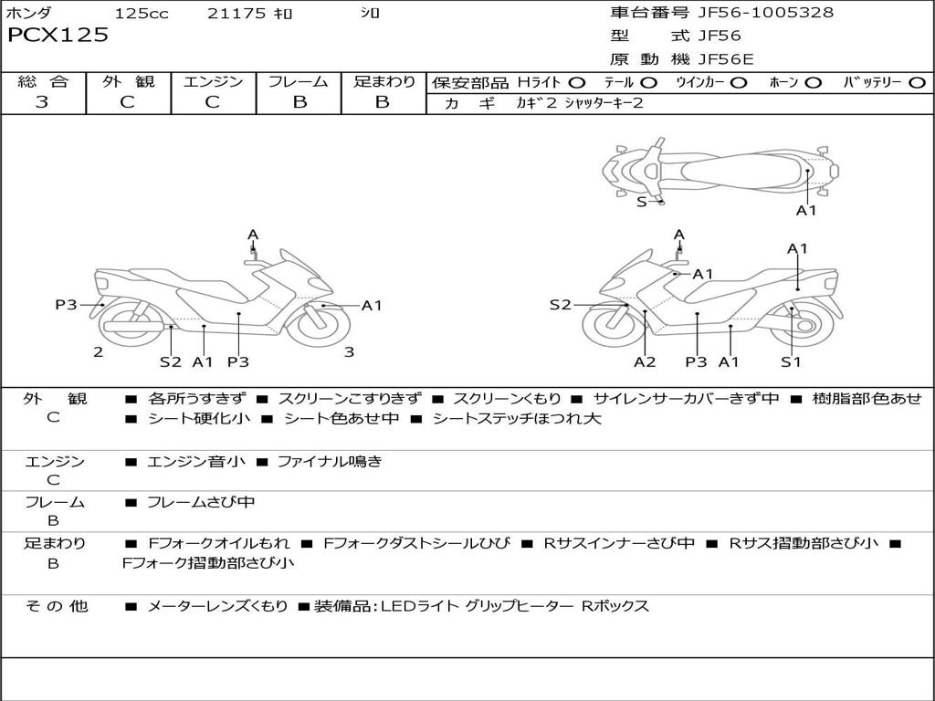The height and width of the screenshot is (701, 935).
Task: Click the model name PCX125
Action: click(x=58, y=36)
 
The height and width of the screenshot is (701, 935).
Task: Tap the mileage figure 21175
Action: click(x=236, y=14)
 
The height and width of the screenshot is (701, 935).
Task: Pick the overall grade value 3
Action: click(x=42, y=102)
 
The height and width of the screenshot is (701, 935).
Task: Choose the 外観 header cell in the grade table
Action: click(x=128, y=82)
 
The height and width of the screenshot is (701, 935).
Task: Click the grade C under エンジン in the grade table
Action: click(x=212, y=102)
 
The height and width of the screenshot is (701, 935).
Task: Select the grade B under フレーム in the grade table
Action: click(x=299, y=102)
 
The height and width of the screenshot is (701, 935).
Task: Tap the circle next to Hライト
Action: click(x=576, y=83)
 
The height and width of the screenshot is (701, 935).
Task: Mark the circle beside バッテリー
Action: click(x=917, y=83)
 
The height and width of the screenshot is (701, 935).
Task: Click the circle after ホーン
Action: click(x=813, y=83)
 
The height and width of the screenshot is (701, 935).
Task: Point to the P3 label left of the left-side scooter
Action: click(x=66, y=305)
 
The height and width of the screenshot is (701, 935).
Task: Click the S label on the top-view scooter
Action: click(x=641, y=202)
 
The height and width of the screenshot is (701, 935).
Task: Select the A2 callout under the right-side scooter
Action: click(x=645, y=361)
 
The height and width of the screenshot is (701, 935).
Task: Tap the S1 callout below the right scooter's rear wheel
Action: click(x=791, y=361)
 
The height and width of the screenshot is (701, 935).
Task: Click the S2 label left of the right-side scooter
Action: click(x=560, y=305)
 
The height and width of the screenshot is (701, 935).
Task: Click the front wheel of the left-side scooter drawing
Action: click(x=318, y=325)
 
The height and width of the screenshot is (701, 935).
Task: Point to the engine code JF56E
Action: click(x=726, y=59)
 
